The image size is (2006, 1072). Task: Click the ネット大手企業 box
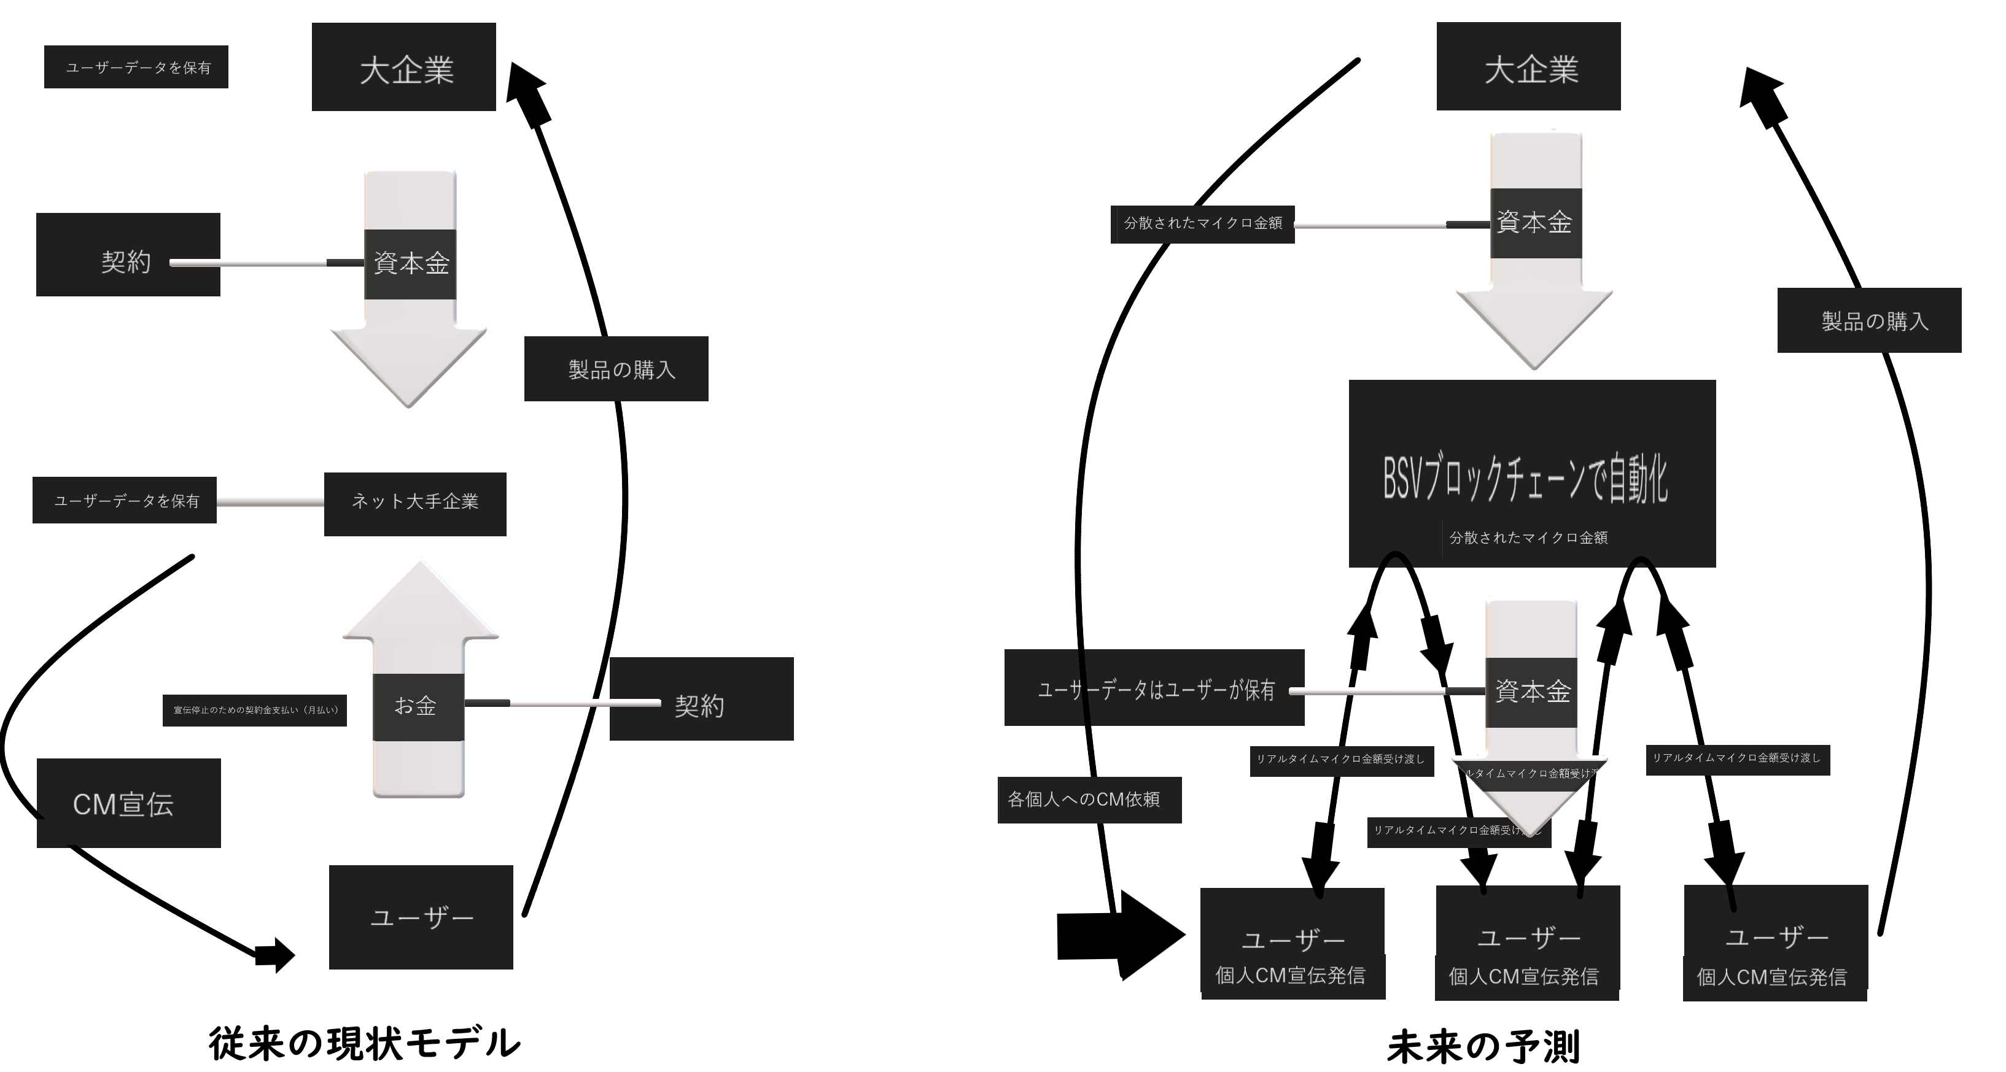415,503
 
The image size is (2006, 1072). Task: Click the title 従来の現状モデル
365,1043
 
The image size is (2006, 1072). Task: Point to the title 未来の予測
1483,1046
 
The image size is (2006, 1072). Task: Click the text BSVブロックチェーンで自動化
1525,478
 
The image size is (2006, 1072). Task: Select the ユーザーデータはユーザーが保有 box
1154,688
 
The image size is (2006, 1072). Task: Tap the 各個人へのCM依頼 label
1089,800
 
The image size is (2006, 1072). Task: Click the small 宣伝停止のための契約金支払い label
255,710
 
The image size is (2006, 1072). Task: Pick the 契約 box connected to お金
701,699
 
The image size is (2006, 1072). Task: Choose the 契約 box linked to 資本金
128,255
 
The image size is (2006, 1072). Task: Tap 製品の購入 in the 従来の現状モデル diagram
616,369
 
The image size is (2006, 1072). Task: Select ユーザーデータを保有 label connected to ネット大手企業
125,500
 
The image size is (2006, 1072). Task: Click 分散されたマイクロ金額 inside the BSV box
1528,537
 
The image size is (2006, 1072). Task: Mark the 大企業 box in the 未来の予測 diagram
1528,67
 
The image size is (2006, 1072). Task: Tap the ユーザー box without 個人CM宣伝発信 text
421,917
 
